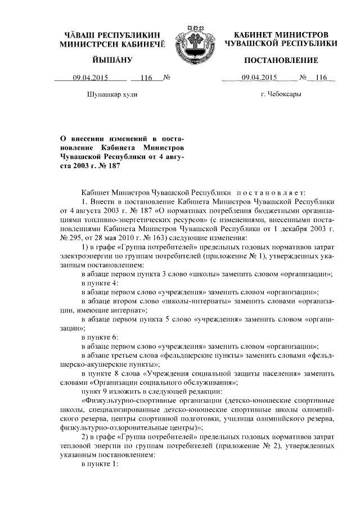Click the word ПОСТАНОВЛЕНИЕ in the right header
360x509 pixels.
pos(280,60)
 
